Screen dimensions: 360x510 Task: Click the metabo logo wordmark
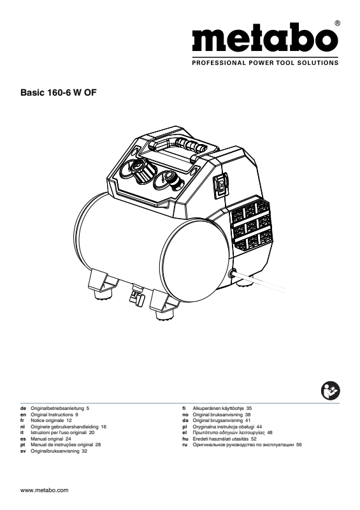point(265,38)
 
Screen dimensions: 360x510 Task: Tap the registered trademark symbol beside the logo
point(337,23)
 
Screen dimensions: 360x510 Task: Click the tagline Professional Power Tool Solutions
point(265,62)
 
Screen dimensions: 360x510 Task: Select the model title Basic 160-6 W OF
point(59,92)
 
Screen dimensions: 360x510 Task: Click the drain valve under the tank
point(137,295)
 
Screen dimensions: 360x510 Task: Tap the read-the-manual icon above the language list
point(330,391)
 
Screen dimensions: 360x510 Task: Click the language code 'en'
point(23,415)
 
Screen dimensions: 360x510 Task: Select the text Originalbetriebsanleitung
point(57,408)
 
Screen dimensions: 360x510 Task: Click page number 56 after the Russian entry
point(299,444)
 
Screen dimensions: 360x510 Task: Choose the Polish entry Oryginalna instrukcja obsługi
point(223,426)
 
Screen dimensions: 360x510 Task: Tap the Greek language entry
point(227,433)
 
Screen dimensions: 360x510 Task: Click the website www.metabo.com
point(44,490)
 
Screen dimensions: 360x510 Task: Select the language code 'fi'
point(184,408)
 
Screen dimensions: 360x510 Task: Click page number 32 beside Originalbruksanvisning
point(85,451)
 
